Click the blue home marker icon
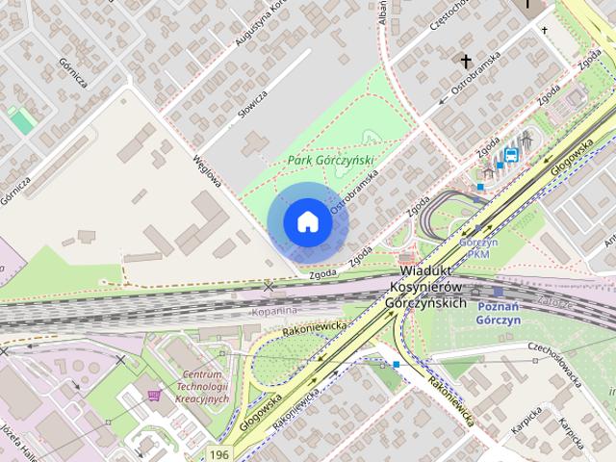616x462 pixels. point(307,221)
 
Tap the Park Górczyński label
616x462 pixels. point(330,161)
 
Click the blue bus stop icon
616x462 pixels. point(511,154)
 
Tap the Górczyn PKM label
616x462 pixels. point(478,247)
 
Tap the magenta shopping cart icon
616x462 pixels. point(153,395)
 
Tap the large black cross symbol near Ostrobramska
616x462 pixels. point(467,63)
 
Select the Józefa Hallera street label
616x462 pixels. point(20,438)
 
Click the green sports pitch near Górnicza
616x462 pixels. point(20,121)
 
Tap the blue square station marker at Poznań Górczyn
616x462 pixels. point(498,291)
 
